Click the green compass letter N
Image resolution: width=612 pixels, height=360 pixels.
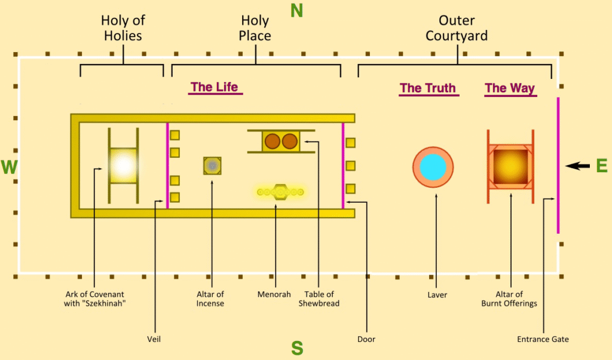(x=297, y=11)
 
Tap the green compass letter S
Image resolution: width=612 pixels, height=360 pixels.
(x=297, y=347)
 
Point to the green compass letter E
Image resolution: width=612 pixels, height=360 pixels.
(x=601, y=166)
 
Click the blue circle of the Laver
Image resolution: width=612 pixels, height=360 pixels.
(x=433, y=167)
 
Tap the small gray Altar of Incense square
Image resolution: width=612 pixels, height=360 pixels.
(x=212, y=165)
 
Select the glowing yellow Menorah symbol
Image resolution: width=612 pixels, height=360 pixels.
(x=280, y=192)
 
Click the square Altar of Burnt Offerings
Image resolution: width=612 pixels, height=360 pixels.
(x=510, y=166)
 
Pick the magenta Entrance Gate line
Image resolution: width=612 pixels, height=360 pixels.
(x=558, y=166)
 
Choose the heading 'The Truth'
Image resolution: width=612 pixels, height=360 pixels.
(x=427, y=89)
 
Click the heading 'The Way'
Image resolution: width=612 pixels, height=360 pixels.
(x=510, y=89)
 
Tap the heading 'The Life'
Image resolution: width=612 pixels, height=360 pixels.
(x=214, y=87)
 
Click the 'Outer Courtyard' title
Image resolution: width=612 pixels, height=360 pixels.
(x=457, y=28)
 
